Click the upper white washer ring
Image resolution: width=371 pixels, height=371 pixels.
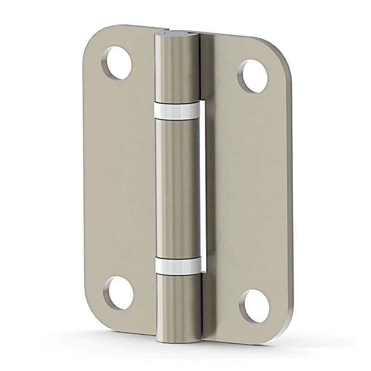point(177,109)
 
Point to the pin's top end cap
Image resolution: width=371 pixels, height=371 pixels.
point(177,33)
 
